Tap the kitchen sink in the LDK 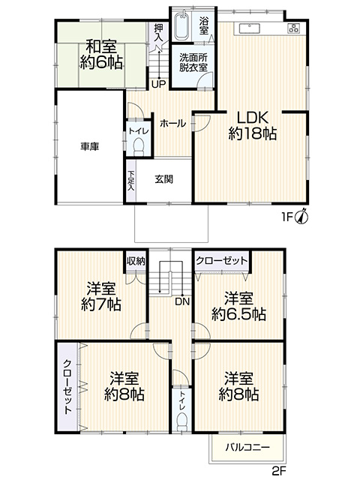(250, 28)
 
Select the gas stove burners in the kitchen (294, 28)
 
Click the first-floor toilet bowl (139, 146)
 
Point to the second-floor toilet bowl (182, 421)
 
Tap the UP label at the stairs (159, 84)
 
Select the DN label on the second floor (182, 301)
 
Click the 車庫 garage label (90, 147)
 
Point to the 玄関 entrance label (163, 179)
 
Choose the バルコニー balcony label (248, 448)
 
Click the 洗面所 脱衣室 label (193, 62)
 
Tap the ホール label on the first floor (172, 123)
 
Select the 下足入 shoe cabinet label (131, 181)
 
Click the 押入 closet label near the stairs (158, 32)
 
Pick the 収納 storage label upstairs (136, 262)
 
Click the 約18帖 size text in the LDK (253, 133)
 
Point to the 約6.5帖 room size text (238, 314)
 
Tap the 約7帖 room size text (101, 304)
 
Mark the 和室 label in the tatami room (101, 46)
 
